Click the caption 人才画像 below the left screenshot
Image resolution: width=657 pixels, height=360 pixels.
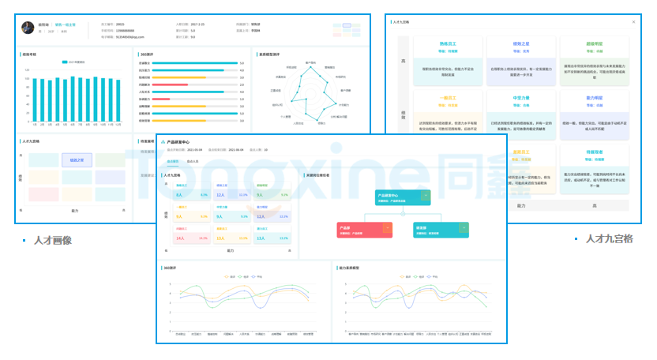tap(53, 240)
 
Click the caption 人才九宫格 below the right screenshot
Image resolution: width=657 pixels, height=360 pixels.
tap(609, 239)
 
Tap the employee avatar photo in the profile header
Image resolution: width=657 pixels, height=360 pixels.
tap(29, 27)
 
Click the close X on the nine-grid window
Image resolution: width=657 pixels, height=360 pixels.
tap(633, 22)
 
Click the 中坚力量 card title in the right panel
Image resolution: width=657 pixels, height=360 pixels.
tap(521, 99)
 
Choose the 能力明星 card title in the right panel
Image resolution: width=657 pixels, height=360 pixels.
tap(595, 99)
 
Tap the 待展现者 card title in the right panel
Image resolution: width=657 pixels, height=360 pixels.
tap(595, 152)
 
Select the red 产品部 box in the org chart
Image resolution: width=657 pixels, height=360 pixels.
tap(364, 230)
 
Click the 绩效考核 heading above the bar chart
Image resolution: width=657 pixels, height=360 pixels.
tap(32, 54)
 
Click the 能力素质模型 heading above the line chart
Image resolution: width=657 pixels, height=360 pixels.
tap(351, 268)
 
